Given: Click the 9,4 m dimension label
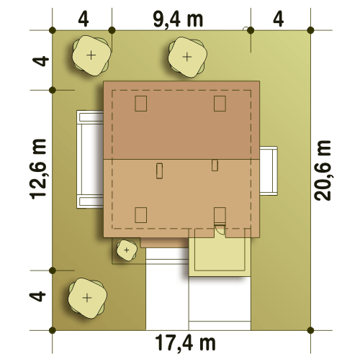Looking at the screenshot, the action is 178,19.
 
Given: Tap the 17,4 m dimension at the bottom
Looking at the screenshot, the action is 185,343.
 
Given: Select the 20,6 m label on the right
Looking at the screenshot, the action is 323,170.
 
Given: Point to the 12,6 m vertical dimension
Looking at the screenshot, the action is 37,169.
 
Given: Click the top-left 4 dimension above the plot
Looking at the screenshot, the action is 84,19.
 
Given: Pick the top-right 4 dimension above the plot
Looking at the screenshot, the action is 278,19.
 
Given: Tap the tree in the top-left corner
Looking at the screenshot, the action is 91,55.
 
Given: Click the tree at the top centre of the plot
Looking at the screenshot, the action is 187,57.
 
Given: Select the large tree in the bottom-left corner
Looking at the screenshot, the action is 87,298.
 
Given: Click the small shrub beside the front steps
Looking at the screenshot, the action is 127,250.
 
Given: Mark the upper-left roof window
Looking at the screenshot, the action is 141,104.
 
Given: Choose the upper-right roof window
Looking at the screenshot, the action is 220,104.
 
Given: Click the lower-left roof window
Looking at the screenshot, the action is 141,215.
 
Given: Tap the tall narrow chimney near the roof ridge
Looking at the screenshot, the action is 159,170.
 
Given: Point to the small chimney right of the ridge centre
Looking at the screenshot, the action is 215,165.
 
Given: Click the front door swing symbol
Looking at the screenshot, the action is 220,229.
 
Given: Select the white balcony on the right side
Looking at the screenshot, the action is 269,170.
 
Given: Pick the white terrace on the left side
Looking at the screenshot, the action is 90,159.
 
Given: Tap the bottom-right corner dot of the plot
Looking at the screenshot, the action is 310,330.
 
